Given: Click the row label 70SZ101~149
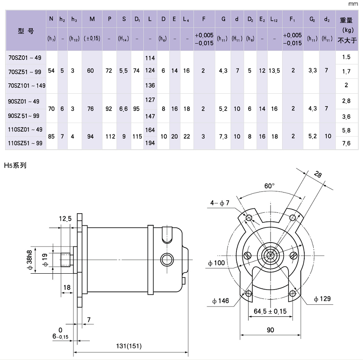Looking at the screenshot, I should pos(27,85).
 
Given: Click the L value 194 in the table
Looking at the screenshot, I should pos(150,142).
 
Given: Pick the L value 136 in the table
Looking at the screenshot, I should pos(150,85).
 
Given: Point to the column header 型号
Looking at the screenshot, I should pos(26,31).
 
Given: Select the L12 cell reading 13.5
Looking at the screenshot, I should pos(274,71).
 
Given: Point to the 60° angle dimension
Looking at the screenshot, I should pos(270,186).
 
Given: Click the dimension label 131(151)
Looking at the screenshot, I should pos(130,346).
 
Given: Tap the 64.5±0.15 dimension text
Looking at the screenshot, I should pos(270,311).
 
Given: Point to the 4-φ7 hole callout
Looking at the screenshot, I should pos(220,203).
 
